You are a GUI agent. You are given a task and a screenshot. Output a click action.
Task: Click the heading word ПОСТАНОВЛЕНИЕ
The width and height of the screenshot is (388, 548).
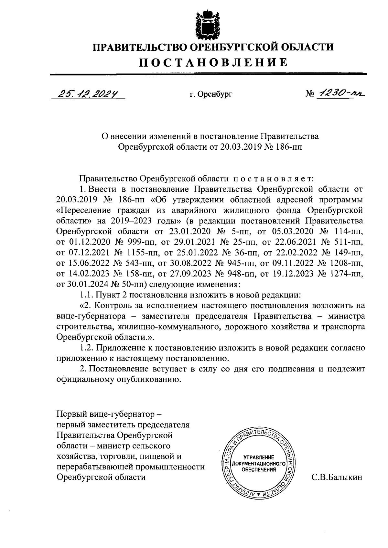(213, 62)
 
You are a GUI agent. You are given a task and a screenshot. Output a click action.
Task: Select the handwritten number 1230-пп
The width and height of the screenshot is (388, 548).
(339, 93)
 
